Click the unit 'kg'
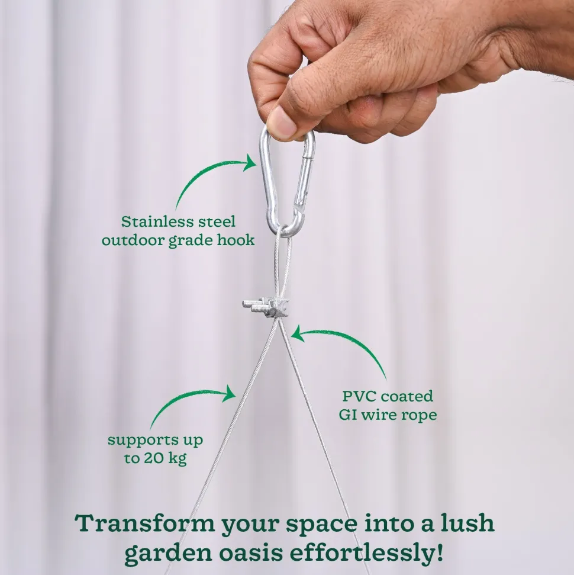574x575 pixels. point(177,459)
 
